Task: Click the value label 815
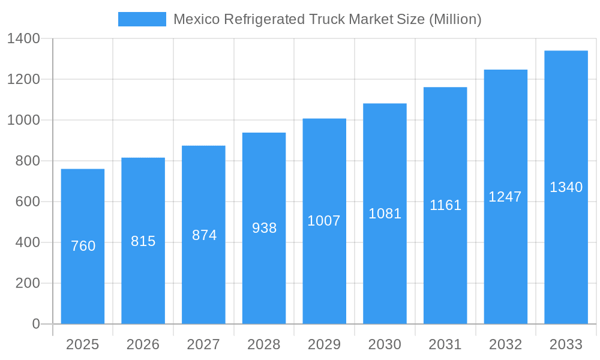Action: [143, 241]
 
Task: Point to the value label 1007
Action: [324, 221]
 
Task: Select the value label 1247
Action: [505, 197]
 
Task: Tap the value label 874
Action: [204, 235]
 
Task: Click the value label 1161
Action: [445, 205]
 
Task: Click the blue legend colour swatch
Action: [142, 19]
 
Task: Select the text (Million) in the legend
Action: [455, 19]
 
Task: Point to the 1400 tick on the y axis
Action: [23, 38]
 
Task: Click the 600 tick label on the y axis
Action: [27, 202]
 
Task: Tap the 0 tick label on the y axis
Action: [36, 324]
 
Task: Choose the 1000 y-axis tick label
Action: [23, 120]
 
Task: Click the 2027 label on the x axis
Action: [203, 344]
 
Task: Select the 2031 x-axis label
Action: [445, 344]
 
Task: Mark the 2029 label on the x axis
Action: [324, 344]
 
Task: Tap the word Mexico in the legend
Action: [193, 19]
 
